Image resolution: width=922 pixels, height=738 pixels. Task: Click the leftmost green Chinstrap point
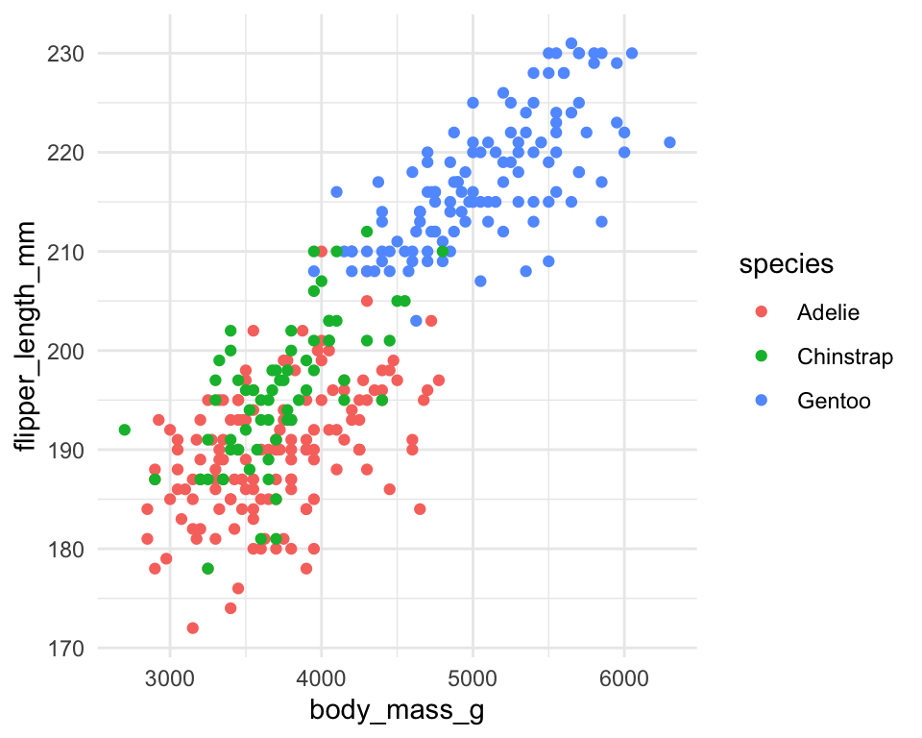point(125,430)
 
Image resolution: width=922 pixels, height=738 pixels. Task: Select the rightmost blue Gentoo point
point(669,142)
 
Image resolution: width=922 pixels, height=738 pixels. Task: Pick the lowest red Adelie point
point(192,628)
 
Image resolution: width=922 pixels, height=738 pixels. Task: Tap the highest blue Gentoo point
point(571,43)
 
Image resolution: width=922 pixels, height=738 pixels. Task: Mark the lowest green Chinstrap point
point(207,569)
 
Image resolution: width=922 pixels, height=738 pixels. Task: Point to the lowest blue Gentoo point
point(416,321)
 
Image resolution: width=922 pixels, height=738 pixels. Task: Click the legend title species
point(785,266)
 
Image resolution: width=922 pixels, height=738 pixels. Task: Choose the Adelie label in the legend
point(828,312)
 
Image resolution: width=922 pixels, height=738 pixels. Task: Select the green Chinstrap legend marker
point(762,357)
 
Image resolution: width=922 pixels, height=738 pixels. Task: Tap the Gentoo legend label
point(834,402)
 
